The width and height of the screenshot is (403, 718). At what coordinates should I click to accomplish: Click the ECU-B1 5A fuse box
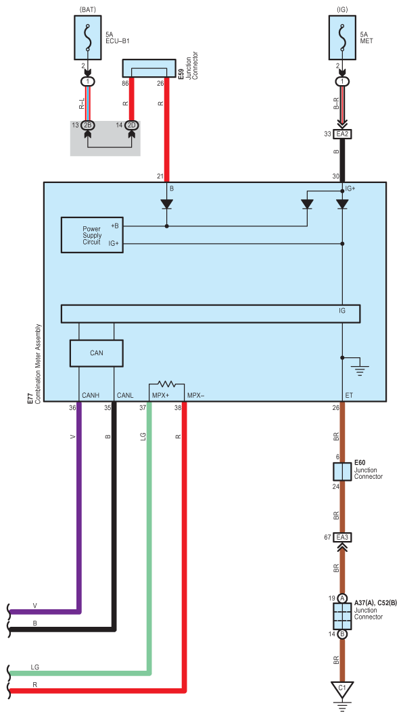pyautogui.click(x=88, y=38)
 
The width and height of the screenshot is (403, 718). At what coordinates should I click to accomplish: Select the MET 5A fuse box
pyautogui.click(x=342, y=38)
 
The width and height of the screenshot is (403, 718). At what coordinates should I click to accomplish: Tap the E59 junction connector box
pyautogui.click(x=149, y=68)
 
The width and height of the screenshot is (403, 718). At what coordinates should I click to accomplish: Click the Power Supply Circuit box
pyautogui.click(x=92, y=235)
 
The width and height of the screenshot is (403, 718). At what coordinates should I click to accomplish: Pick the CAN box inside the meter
pyautogui.click(x=96, y=353)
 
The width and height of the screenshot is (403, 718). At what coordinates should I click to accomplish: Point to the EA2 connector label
pyautogui.click(x=342, y=134)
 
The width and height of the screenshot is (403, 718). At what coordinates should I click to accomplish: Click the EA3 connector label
pyautogui.click(x=342, y=537)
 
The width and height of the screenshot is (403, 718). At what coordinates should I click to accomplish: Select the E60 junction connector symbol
pyautogui.click(x=342, y=471)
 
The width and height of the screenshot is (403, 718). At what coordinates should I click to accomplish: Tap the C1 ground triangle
pyautogui.click(x=342, y=688)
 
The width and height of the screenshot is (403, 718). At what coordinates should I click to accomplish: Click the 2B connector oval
pyautogui.click(x=88, y=125)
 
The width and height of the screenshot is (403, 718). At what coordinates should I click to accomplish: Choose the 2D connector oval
pyautogui.click(x=132, y=125)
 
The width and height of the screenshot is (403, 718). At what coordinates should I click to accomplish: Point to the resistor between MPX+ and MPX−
pyautogui.click(x=167, y=384)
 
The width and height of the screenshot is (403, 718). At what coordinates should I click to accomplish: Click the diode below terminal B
pyautogui.click(x=167, y=203)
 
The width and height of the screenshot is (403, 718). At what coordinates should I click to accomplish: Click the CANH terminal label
pyautogui.click(x=91, y=395)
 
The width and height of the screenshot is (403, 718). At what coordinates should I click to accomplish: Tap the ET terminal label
pyautogui.click(x=349, y=395)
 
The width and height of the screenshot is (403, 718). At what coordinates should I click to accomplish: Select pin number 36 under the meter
pyautogui.click(x=72, y=407)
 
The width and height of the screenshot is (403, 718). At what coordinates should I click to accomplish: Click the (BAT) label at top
pyautogui.click(x=88, y=9)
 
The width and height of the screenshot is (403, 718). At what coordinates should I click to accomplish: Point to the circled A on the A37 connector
pyautogui.click(x=342, y=598)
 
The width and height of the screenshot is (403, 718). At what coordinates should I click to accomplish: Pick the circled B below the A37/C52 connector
pyautogui.click(x=342, y=634)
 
